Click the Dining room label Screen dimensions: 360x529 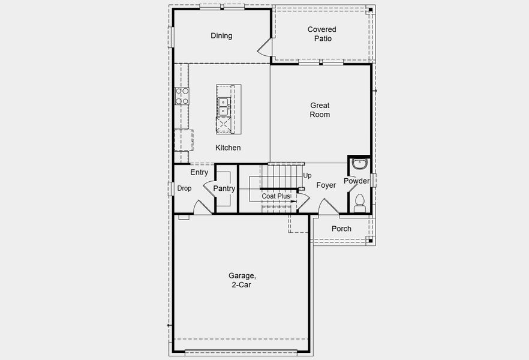click(x=221, y=36)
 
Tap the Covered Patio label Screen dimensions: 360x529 click(x=322, y=34)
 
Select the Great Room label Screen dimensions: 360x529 click(x=320, y=110)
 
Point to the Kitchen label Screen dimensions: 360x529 click(x=228, y=148)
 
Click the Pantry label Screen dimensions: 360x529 click(x=224, y=188)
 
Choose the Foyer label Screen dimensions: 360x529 click(x=326, y=185)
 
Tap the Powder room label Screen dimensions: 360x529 click(x=357, y=181)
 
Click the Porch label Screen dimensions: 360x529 click(x=341, y=229)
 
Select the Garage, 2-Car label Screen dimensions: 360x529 click(x=242, y=280)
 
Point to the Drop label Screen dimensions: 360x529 click(x=184, y=188)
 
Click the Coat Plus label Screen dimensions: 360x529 click(x=276, y=196)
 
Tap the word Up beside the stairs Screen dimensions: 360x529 click(x=308, y=176)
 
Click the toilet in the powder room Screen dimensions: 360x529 click(x=360, y=202)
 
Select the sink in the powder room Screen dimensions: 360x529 click(x=359, y=164)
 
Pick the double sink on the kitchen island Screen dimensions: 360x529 click(x=223, y=107)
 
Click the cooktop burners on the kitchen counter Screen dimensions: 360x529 click(x=182, y=96)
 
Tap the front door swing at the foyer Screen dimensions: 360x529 click(x=327, y=208)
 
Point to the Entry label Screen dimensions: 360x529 click(x=199, y=173)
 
